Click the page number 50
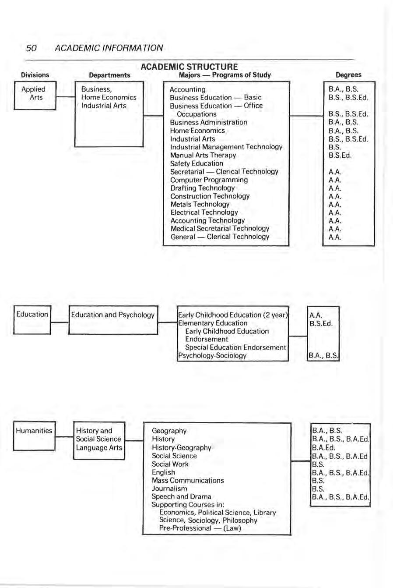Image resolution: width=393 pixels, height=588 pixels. (31, 48)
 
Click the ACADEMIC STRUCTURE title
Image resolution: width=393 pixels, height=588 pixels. (189, 67)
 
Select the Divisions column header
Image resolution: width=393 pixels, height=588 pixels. (35, 75)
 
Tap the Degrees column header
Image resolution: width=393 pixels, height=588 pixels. (348, 75)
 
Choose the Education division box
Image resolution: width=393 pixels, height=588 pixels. (32, 319)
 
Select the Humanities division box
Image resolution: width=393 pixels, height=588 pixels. (34, 435)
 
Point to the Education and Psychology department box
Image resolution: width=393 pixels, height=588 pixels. (113, 319)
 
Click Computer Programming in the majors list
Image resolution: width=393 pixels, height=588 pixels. (209, 180)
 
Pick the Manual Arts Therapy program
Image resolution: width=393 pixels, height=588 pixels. (203, 155)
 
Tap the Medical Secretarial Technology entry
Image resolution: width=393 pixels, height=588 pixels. (220, 229)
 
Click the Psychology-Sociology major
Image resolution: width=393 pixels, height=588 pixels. (212, 355)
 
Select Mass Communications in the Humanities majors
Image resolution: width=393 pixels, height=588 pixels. (187, 481)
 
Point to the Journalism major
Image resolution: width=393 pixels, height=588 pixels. (169, 489)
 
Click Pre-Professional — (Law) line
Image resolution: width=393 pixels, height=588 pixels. (200, 528)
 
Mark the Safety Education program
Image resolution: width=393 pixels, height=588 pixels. (196, 163)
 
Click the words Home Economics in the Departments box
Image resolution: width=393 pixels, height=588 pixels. (109, 98)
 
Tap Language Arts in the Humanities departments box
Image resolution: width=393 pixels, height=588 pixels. (99, 447)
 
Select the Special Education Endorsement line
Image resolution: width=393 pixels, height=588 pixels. (235, 347)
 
